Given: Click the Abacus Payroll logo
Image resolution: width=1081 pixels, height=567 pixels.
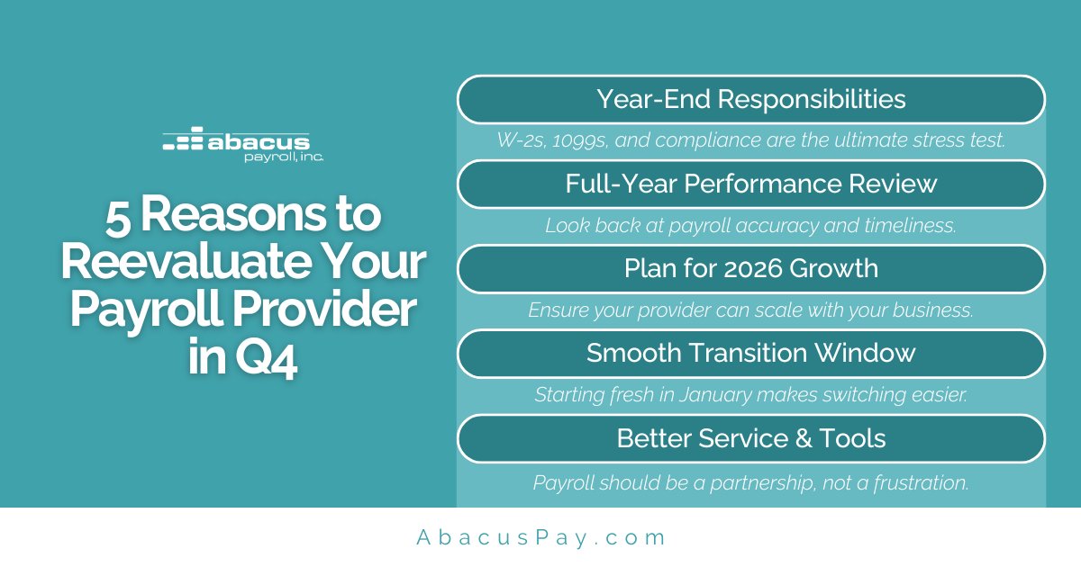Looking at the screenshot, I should [243, 144].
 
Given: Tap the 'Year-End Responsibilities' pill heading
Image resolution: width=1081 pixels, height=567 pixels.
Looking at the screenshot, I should [750, 98].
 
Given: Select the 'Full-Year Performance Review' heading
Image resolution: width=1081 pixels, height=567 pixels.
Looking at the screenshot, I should [750, 184].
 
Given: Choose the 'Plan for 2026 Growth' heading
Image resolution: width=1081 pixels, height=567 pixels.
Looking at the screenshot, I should [750, 268].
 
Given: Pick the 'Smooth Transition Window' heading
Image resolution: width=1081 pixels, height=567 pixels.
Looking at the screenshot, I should [750, 353].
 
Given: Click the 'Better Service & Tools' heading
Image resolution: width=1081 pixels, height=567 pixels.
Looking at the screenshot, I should [750, 438].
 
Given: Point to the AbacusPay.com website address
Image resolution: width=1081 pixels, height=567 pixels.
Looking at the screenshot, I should [540, 537].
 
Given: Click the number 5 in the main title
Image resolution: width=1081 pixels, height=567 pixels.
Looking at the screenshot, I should [117, 217].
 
